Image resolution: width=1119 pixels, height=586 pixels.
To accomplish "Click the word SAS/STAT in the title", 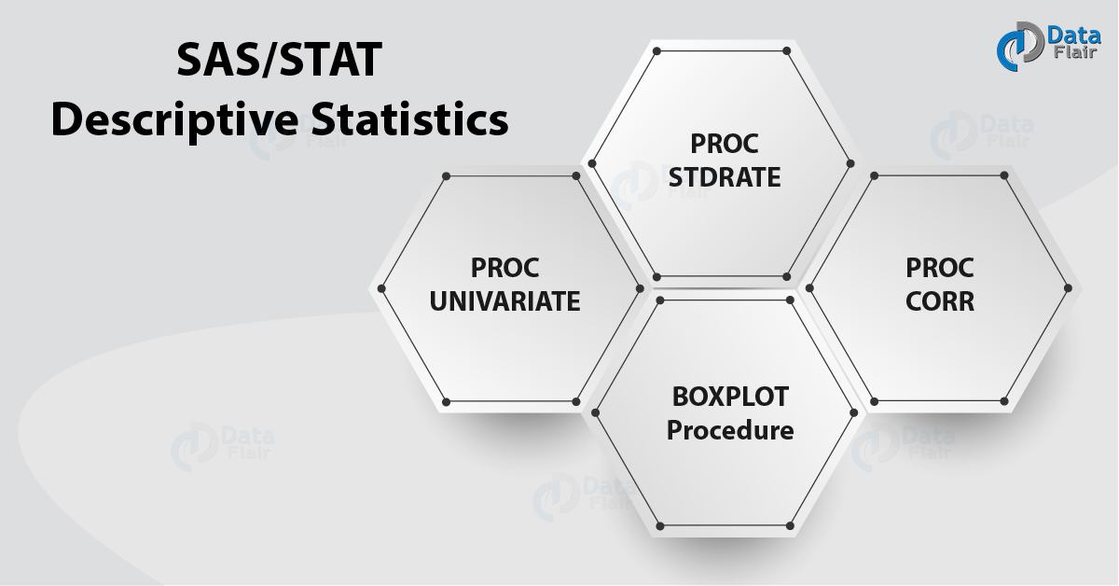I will point(280,63).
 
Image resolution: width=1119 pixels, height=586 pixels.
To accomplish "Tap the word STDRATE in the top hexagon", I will point(725,176).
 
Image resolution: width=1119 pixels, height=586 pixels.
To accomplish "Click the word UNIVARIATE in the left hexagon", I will point(504,301).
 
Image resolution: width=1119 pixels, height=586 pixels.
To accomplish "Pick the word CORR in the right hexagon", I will point(940,301).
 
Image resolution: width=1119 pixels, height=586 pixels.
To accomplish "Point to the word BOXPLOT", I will point(730,396).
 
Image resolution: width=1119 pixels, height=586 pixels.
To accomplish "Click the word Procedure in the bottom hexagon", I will point(730,430).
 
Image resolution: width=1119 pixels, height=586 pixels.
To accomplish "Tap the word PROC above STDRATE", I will point(725,144).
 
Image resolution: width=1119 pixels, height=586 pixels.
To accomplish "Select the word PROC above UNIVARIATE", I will point(504,268).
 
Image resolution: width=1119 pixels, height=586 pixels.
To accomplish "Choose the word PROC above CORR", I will point(940,268).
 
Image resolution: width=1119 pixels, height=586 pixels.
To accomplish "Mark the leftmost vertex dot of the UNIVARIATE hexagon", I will point(381,288).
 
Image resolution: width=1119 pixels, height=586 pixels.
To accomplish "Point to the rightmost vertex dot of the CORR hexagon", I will point(1069,288).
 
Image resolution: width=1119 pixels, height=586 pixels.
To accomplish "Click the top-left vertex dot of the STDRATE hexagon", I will point(657,50).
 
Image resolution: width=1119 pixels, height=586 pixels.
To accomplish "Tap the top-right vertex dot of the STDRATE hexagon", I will point(788,50).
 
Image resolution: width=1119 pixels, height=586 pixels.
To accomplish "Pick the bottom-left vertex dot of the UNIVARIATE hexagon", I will point(446,401).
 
